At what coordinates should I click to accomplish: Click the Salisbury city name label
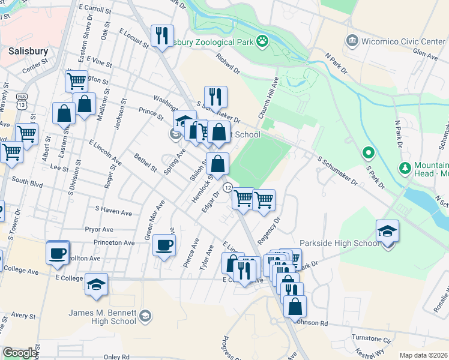(28, 51)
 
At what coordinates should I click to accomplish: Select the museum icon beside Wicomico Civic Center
(352, 41)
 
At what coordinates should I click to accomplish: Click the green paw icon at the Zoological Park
(262, 41)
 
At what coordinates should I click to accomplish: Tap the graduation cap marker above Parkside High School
(387, 231)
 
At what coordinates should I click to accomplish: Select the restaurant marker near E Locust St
(161, 36)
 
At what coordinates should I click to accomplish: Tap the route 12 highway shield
(228, 188)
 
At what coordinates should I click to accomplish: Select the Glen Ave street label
(425, 55)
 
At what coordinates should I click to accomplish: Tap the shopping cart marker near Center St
(76, 81)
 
